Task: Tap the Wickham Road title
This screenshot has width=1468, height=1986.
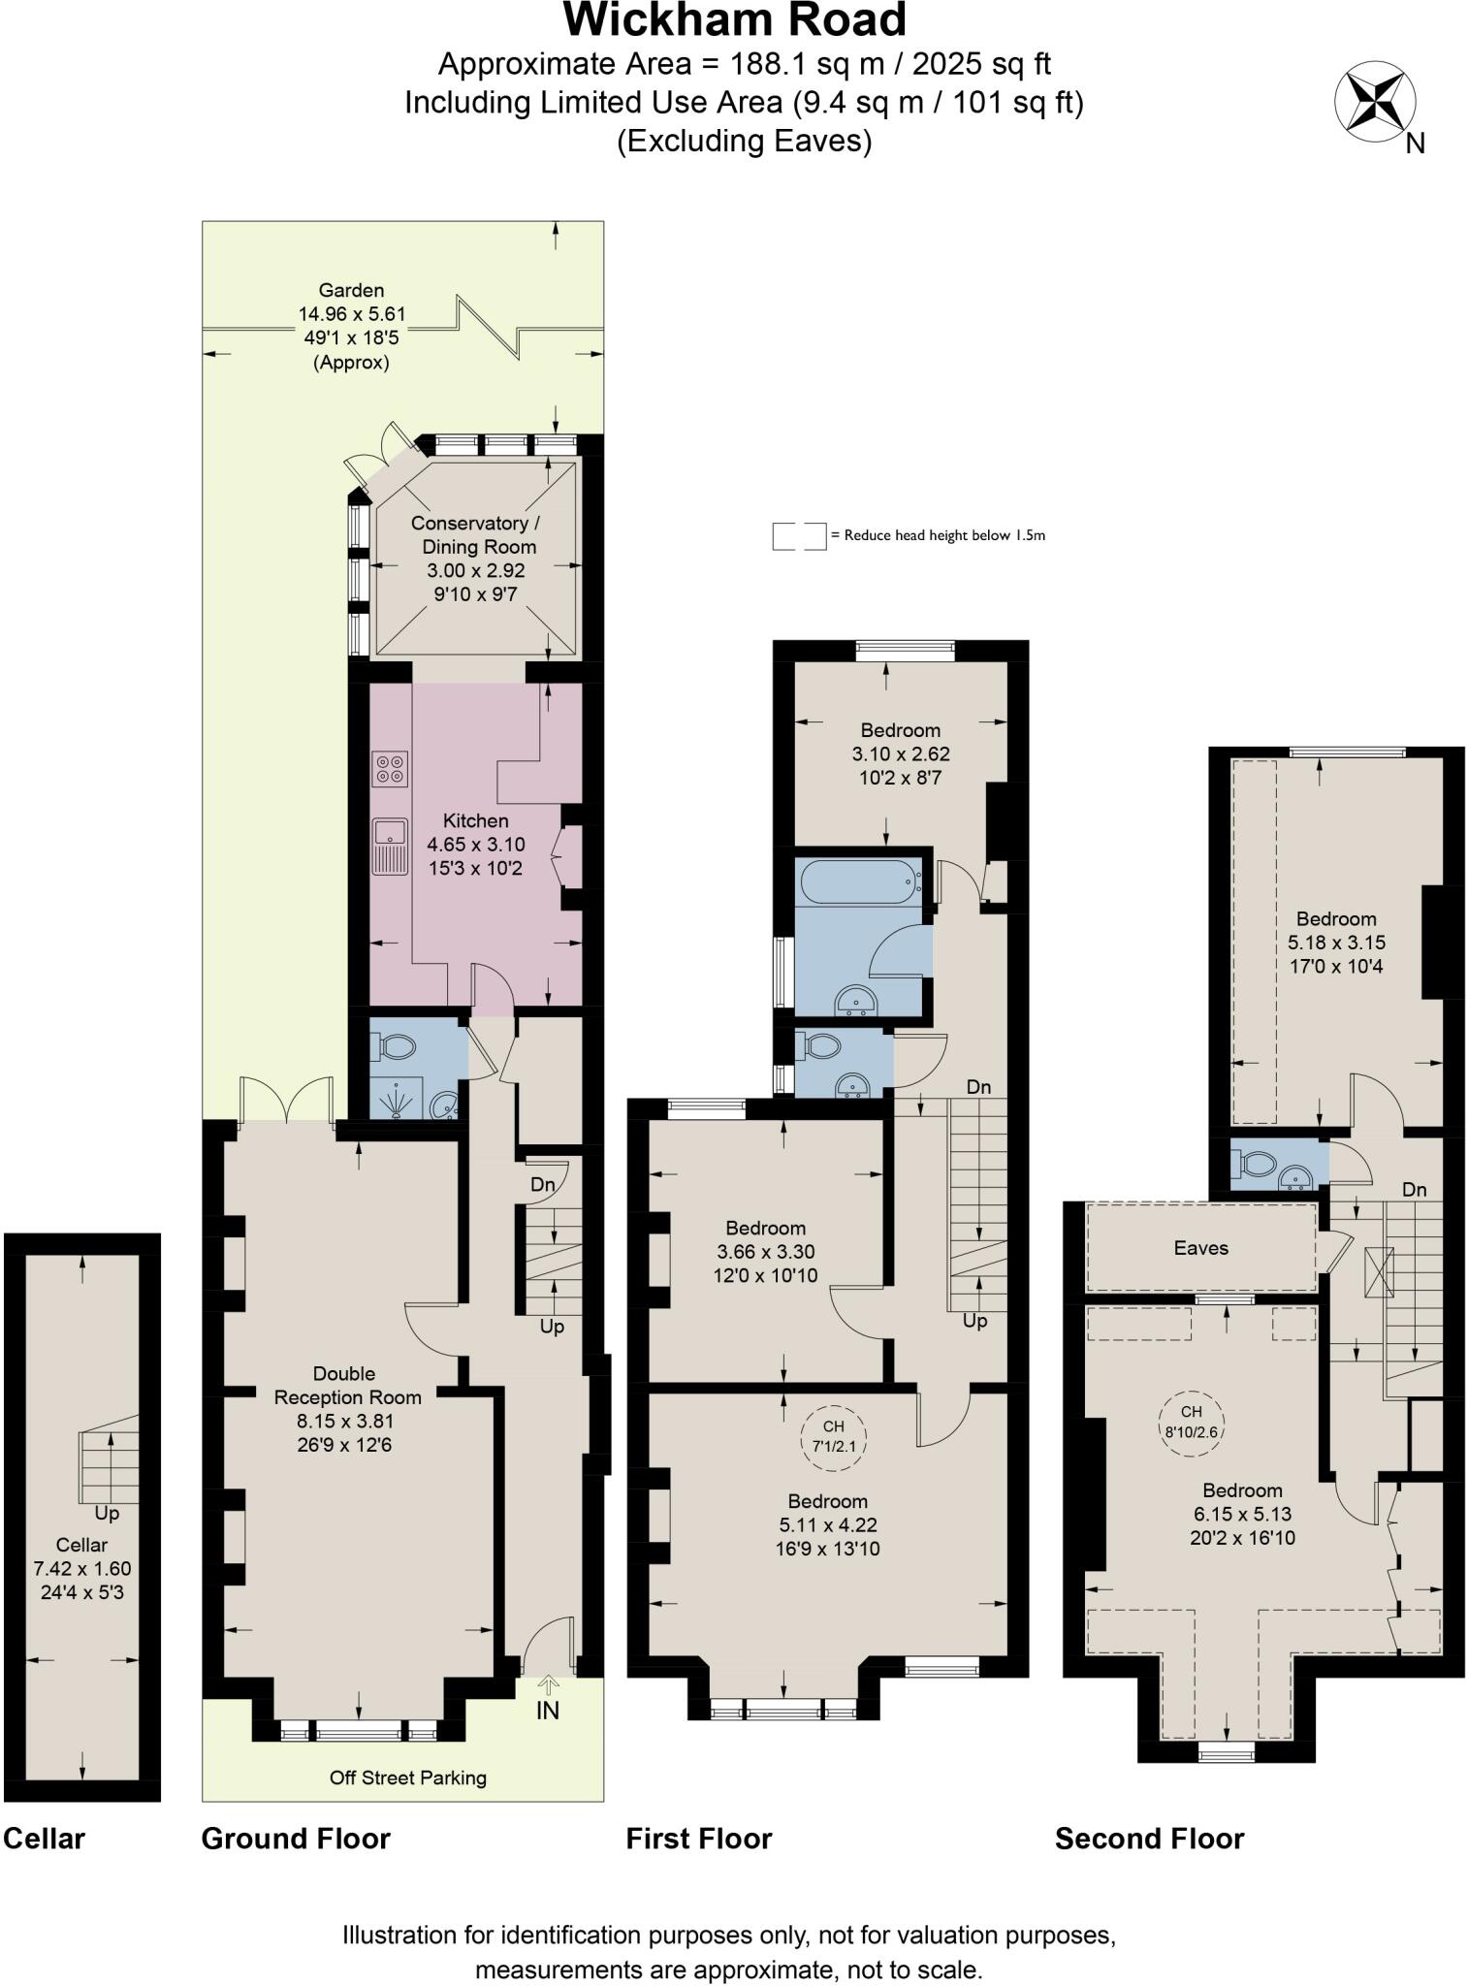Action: tap(734, 21)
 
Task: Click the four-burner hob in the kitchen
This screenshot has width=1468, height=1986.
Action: tap(391, 769)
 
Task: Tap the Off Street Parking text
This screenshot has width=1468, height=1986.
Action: tap(407, 1778)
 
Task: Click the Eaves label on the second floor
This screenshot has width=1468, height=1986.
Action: tap(1200, 1248)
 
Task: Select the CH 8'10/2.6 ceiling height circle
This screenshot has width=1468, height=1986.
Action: tap(1192, 1422)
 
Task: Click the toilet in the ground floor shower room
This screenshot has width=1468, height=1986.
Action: tap(396, 1047)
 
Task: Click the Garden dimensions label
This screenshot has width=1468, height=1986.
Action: tap(351, 326)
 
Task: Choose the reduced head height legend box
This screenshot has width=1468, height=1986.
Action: tap(799, 535)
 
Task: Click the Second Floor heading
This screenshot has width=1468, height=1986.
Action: tap(1149, 1839)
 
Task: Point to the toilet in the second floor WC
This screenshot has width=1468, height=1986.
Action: tap(1257, 1164)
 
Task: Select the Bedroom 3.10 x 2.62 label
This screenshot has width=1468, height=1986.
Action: tap(900, 753)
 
